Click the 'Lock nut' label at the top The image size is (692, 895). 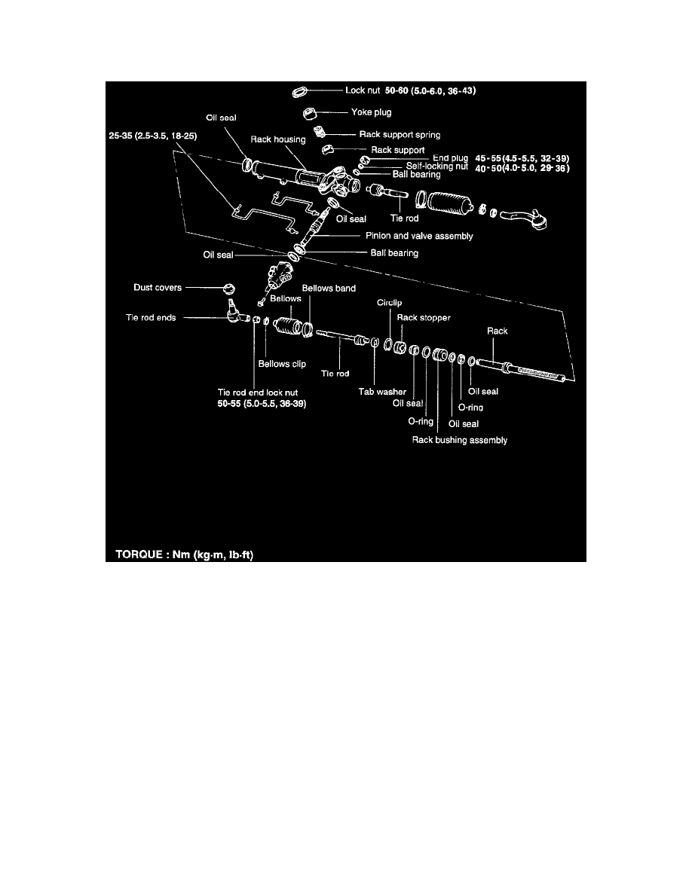(x=363, y=90)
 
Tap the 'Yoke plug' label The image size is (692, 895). (x=371, y=112)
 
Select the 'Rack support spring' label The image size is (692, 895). (x=400, y=135)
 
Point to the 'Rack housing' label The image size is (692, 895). (x=278, y=139)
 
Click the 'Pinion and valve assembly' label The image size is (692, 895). (x=419, y=236)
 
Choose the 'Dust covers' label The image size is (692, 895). (x=158, y=288)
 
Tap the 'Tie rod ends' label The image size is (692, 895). (x=151, y=318)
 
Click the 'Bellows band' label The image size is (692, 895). (x=329, y=289)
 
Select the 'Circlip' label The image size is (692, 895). (x=390, y=303)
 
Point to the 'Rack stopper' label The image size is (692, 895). (x=424, y=318)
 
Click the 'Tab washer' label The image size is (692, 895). (x=382, y=392)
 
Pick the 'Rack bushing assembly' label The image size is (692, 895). (x=460, y=440)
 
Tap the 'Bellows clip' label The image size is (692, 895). (x=282, y=364)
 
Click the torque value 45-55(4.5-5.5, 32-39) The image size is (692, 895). (x=522, y=159)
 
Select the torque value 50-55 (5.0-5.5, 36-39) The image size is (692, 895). (x=262, y=404)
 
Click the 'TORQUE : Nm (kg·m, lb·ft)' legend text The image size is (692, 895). (x=185, y=554)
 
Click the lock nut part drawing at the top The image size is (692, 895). (x=300, y=91)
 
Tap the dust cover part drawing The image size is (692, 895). (x=228, y=289)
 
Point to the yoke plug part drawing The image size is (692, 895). (x=309, y=113)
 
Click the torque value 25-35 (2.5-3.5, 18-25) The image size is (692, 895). (x=153, y=136)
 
